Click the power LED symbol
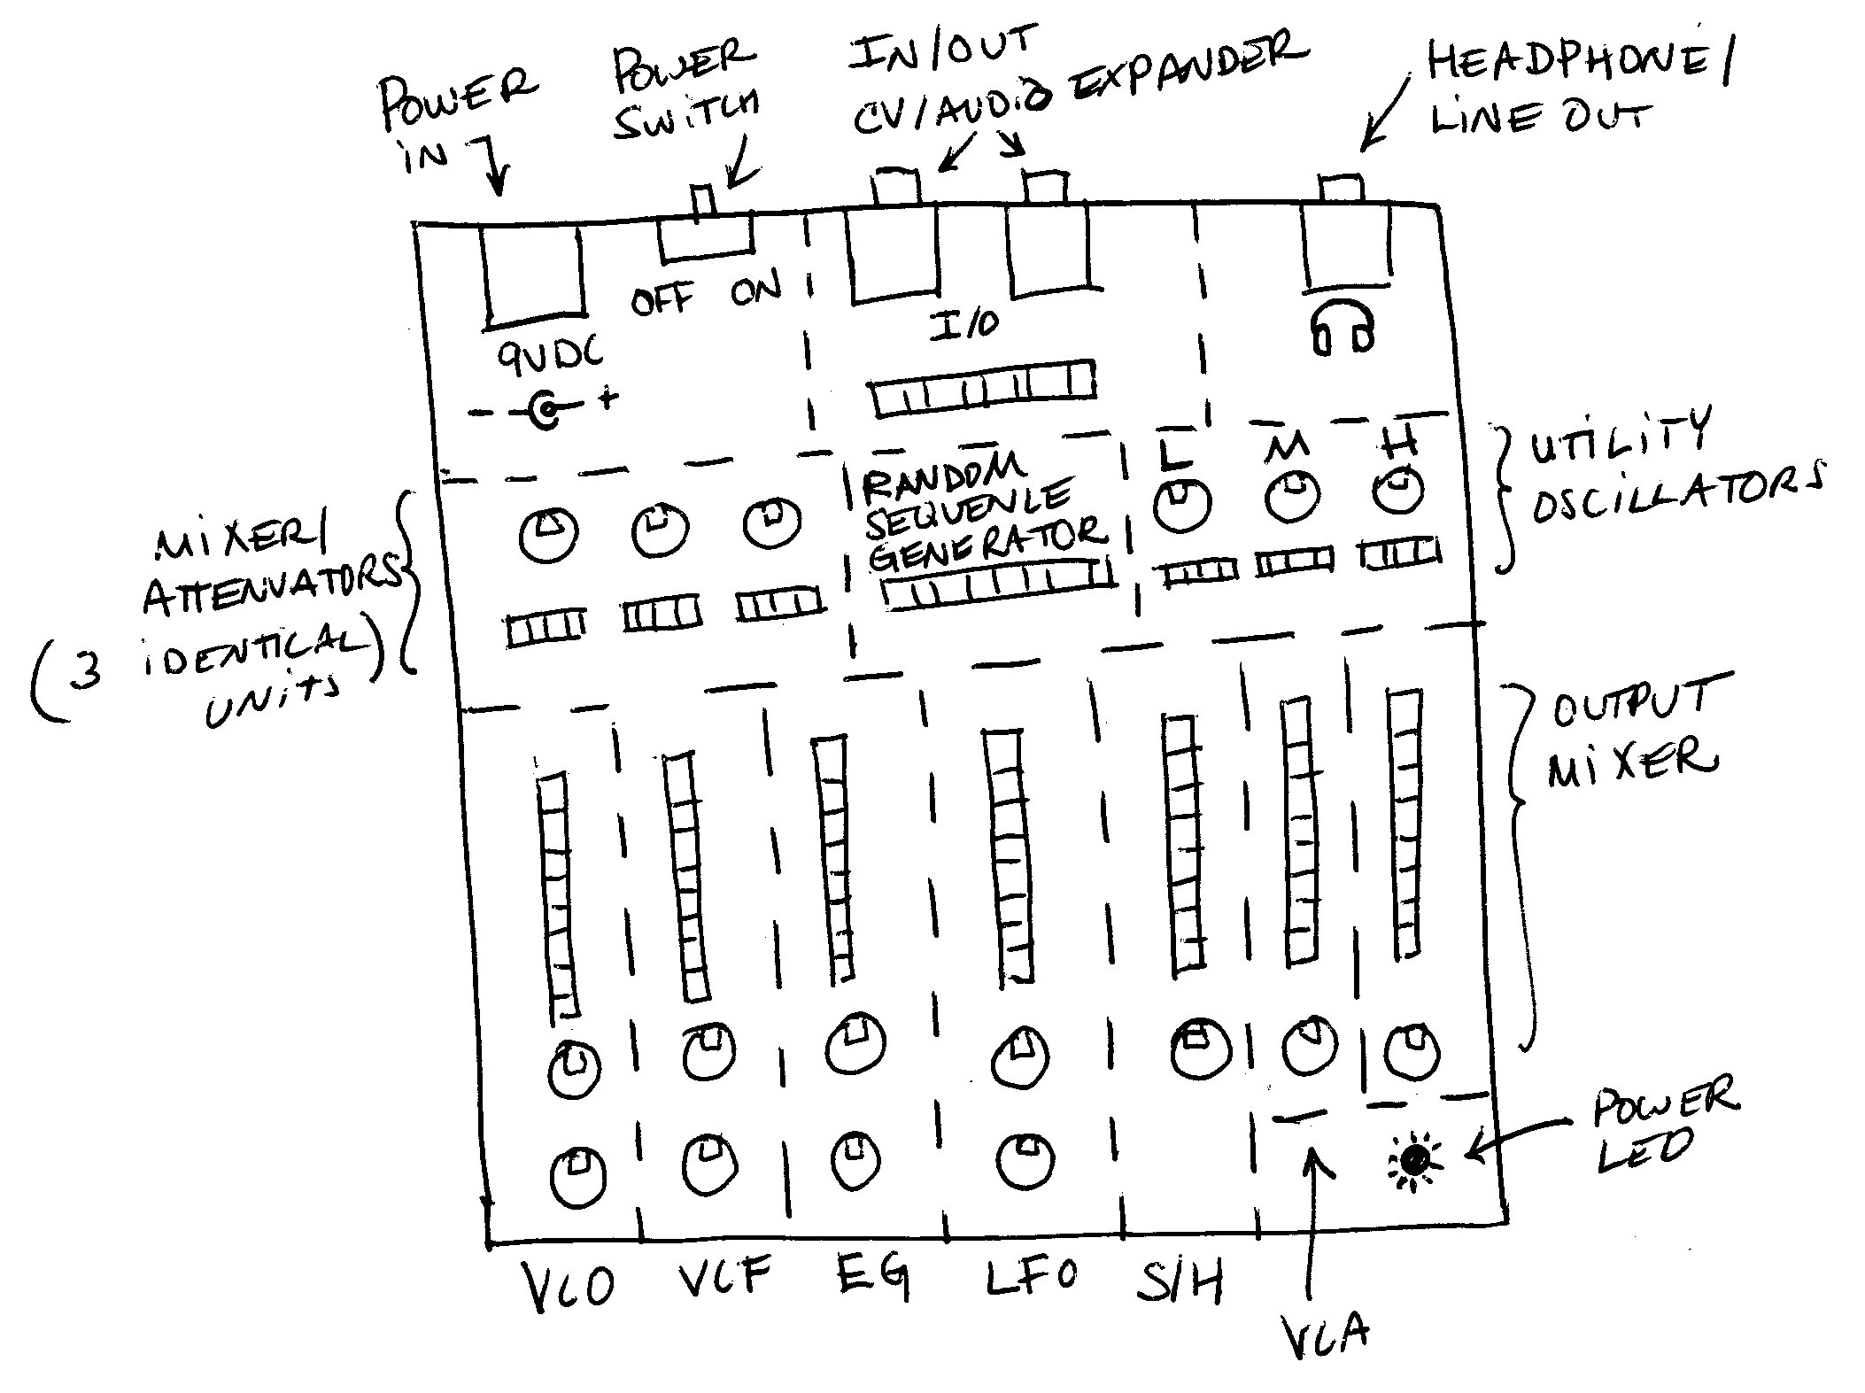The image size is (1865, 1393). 1414,1159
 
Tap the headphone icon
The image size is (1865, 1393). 1343,328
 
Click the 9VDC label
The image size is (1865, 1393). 549,355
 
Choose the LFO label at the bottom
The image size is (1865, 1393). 1033,1276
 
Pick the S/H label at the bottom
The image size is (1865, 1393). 1180,1283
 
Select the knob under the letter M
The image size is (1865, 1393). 1292,498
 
